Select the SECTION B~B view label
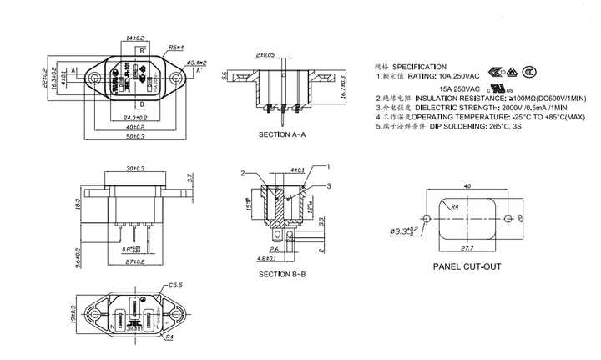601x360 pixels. (x=282, y=275)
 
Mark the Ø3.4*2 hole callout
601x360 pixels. (x=196, y=63)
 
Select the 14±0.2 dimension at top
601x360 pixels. (x=134, y=38)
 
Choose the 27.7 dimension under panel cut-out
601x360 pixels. (x=466, y=248)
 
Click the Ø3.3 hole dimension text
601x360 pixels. (x=404, y=230)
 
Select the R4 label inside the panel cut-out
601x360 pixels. (x=456, y=205)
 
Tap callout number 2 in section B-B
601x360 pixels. (x=242, y=173)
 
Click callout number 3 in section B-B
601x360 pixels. (x=329, y=185)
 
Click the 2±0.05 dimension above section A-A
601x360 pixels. (x=265, y=54)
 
